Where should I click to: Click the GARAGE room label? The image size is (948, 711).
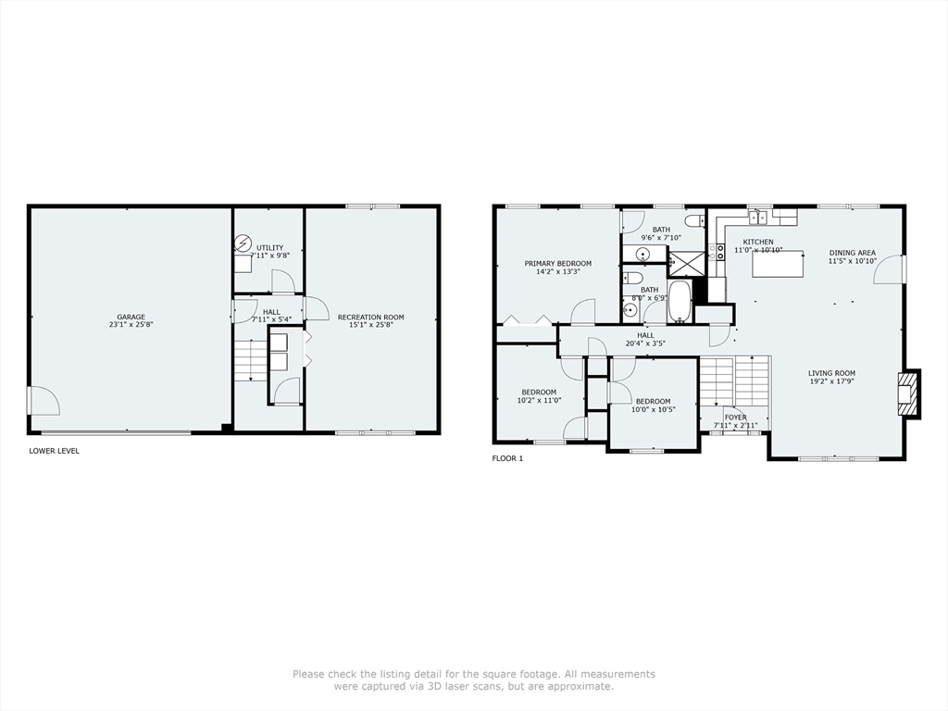click(x=131, y=318)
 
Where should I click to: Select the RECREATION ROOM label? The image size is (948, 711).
click(x=370, y=318)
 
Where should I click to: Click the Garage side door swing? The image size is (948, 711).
click(x=44, y=401)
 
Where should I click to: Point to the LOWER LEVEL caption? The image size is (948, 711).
click(x=55, y=451)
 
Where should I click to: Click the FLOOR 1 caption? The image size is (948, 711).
click(x=507, y=458)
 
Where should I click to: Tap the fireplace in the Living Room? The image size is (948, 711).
click(x=908, y=393)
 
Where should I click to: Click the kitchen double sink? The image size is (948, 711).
click(x=758, y=217)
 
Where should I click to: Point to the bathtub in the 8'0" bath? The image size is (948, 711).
click(x=680, y=301)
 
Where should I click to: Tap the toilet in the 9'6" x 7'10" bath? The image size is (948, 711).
click(x=694, y=220)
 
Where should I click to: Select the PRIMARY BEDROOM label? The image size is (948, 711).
click(x=557, y=264)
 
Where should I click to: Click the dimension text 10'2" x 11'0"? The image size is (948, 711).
click(x=539, y=401)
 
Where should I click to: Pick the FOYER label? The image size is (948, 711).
click(x=735, y=418)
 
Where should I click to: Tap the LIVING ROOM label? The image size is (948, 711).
click(x=831, y=373)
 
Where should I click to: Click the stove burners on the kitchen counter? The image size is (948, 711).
click(x=718, y=255)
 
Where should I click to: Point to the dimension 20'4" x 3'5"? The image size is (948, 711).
click(x=645, y=343)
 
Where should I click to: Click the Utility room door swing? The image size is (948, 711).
click(x=282, y=281)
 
